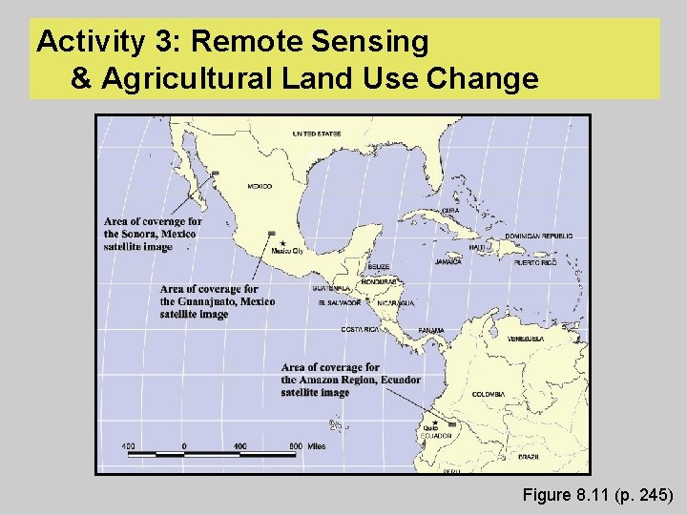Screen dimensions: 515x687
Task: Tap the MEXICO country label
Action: click(259, 186)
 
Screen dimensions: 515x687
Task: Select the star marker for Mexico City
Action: click(282, 243)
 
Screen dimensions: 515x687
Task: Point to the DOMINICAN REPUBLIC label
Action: click(538, 236)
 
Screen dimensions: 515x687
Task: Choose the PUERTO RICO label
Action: click(534, 262)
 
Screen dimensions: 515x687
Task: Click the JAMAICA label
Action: click(448, 261)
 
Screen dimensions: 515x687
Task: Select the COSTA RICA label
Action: click(361, 329)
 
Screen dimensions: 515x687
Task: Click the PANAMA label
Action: click(431, 330)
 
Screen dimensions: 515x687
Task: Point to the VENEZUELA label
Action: click(526, 339)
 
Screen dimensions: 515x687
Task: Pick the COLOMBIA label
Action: click(488, 394)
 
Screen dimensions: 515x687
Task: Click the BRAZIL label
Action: click(530, 456)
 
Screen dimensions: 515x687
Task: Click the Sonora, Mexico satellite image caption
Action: click(153, 234)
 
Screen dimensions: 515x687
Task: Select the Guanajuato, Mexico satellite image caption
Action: click(217, 301)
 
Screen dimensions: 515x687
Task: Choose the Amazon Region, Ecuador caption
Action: click(350, 380)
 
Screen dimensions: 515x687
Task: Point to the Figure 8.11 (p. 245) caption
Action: click(598, 495)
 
